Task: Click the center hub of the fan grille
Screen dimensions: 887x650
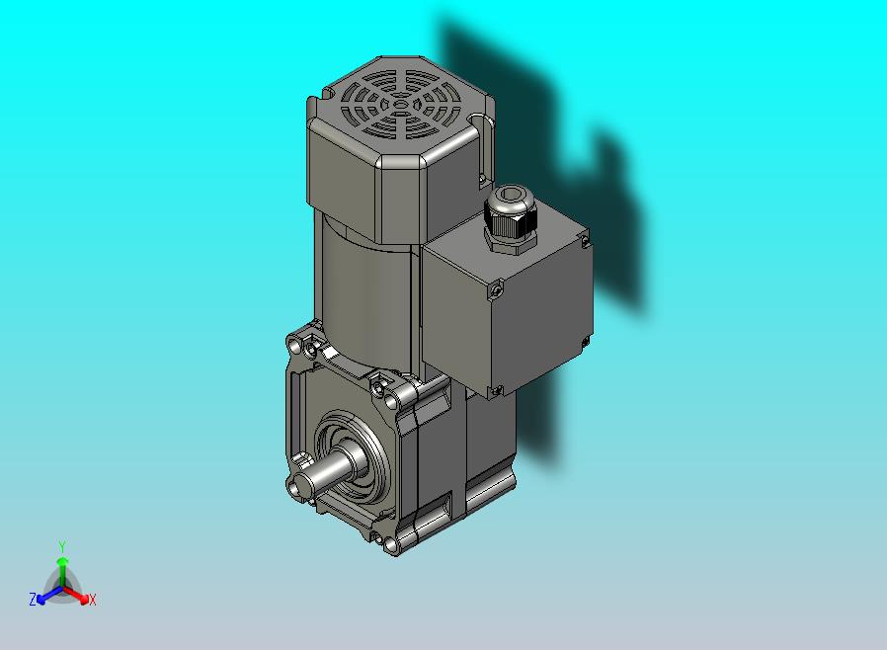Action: (400, 105)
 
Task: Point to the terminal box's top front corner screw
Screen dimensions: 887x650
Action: (496, 289)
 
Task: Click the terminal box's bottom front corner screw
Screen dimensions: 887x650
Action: (496, 390)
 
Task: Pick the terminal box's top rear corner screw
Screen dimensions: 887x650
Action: (585, 242)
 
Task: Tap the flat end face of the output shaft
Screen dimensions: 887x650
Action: (303, 485)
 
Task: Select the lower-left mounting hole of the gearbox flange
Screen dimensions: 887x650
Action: (293, 486)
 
